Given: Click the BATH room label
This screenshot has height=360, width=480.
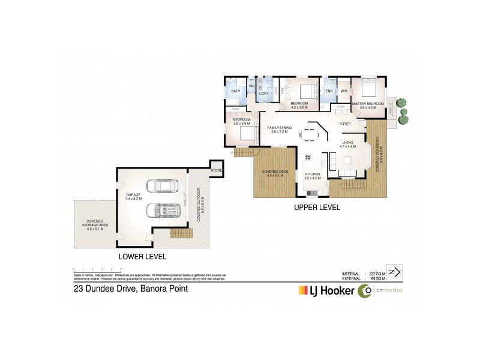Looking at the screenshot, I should point(235,92).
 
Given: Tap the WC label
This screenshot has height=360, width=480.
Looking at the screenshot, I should point(251,85).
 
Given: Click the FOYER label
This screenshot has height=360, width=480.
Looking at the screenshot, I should point(345,124).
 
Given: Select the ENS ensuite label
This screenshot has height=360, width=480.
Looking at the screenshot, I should point(329,92).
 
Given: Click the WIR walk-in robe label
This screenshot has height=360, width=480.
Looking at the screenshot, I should point(344,92).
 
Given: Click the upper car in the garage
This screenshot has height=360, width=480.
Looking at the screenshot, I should point(164,187).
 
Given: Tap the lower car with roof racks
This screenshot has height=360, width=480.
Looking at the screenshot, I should point(164,212).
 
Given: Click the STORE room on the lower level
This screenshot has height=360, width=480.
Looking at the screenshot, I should point(216,170).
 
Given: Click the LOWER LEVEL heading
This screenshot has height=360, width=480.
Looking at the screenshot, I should point(142,257).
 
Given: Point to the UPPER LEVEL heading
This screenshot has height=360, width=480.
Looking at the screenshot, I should point(317,208).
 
